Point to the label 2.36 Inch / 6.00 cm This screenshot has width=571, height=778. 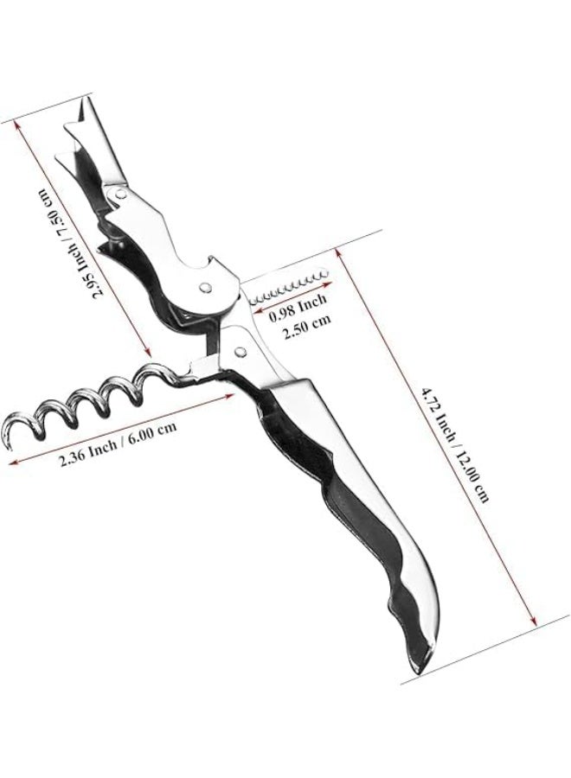click(x=118, y=437)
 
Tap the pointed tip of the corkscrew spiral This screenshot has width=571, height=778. click(x=9, y=449)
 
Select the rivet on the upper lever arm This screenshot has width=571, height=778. click(x=119, y=195)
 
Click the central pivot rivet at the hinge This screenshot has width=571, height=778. click(x=204, y=286)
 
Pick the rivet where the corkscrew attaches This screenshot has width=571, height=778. click(x=241, y=351)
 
